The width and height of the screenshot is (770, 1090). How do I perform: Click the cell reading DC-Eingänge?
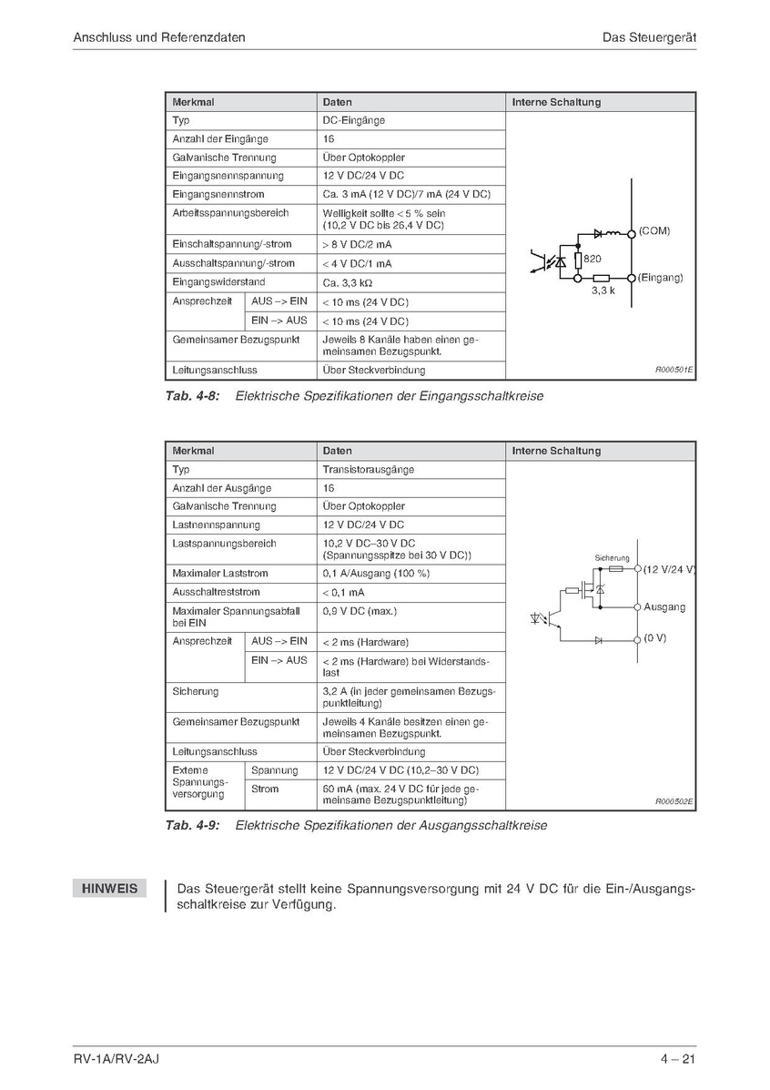pos(354,120)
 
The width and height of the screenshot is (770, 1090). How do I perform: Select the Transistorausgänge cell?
pos(369,470)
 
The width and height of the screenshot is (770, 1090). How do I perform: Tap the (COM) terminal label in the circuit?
pos(653,231)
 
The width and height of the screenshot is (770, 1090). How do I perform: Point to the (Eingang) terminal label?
pos(660,277)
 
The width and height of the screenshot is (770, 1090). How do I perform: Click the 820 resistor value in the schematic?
pos(592,259)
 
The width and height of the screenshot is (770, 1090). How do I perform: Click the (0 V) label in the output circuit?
pos(654,638)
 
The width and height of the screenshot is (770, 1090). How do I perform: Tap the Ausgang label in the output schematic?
pos(664,606)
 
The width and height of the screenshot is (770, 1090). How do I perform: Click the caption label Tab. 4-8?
pos(193,396)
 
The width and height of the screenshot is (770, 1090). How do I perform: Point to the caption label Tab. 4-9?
pos(193,826)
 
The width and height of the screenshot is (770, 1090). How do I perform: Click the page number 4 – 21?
pos(679,1058)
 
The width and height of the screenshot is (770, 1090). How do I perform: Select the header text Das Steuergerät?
pos(649,37)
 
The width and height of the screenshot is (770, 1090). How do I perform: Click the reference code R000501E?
pos(674,371)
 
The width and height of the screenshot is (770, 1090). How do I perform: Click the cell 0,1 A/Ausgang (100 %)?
pos(376,574)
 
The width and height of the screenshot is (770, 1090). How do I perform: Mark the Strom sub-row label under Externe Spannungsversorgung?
pos(265,789)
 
